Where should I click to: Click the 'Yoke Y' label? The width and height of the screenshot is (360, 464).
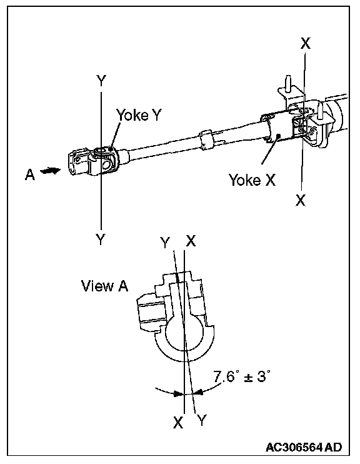(139, 115)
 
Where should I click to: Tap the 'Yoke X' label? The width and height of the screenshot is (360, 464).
(252, 179)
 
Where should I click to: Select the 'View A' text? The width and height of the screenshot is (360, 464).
(105, 286)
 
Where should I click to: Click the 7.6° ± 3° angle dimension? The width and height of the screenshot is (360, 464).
(242, 376)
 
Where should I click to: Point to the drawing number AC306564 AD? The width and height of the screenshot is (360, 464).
(304, 447)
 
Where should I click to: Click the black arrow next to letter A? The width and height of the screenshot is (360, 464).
(50, 171)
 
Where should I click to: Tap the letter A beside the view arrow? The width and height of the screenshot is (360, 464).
(30, 174)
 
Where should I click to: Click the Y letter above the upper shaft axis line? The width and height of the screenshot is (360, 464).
(101, 81)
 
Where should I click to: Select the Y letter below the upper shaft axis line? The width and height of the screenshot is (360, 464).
(101, 239)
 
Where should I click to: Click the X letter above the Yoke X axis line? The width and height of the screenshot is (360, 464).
(306, 43)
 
